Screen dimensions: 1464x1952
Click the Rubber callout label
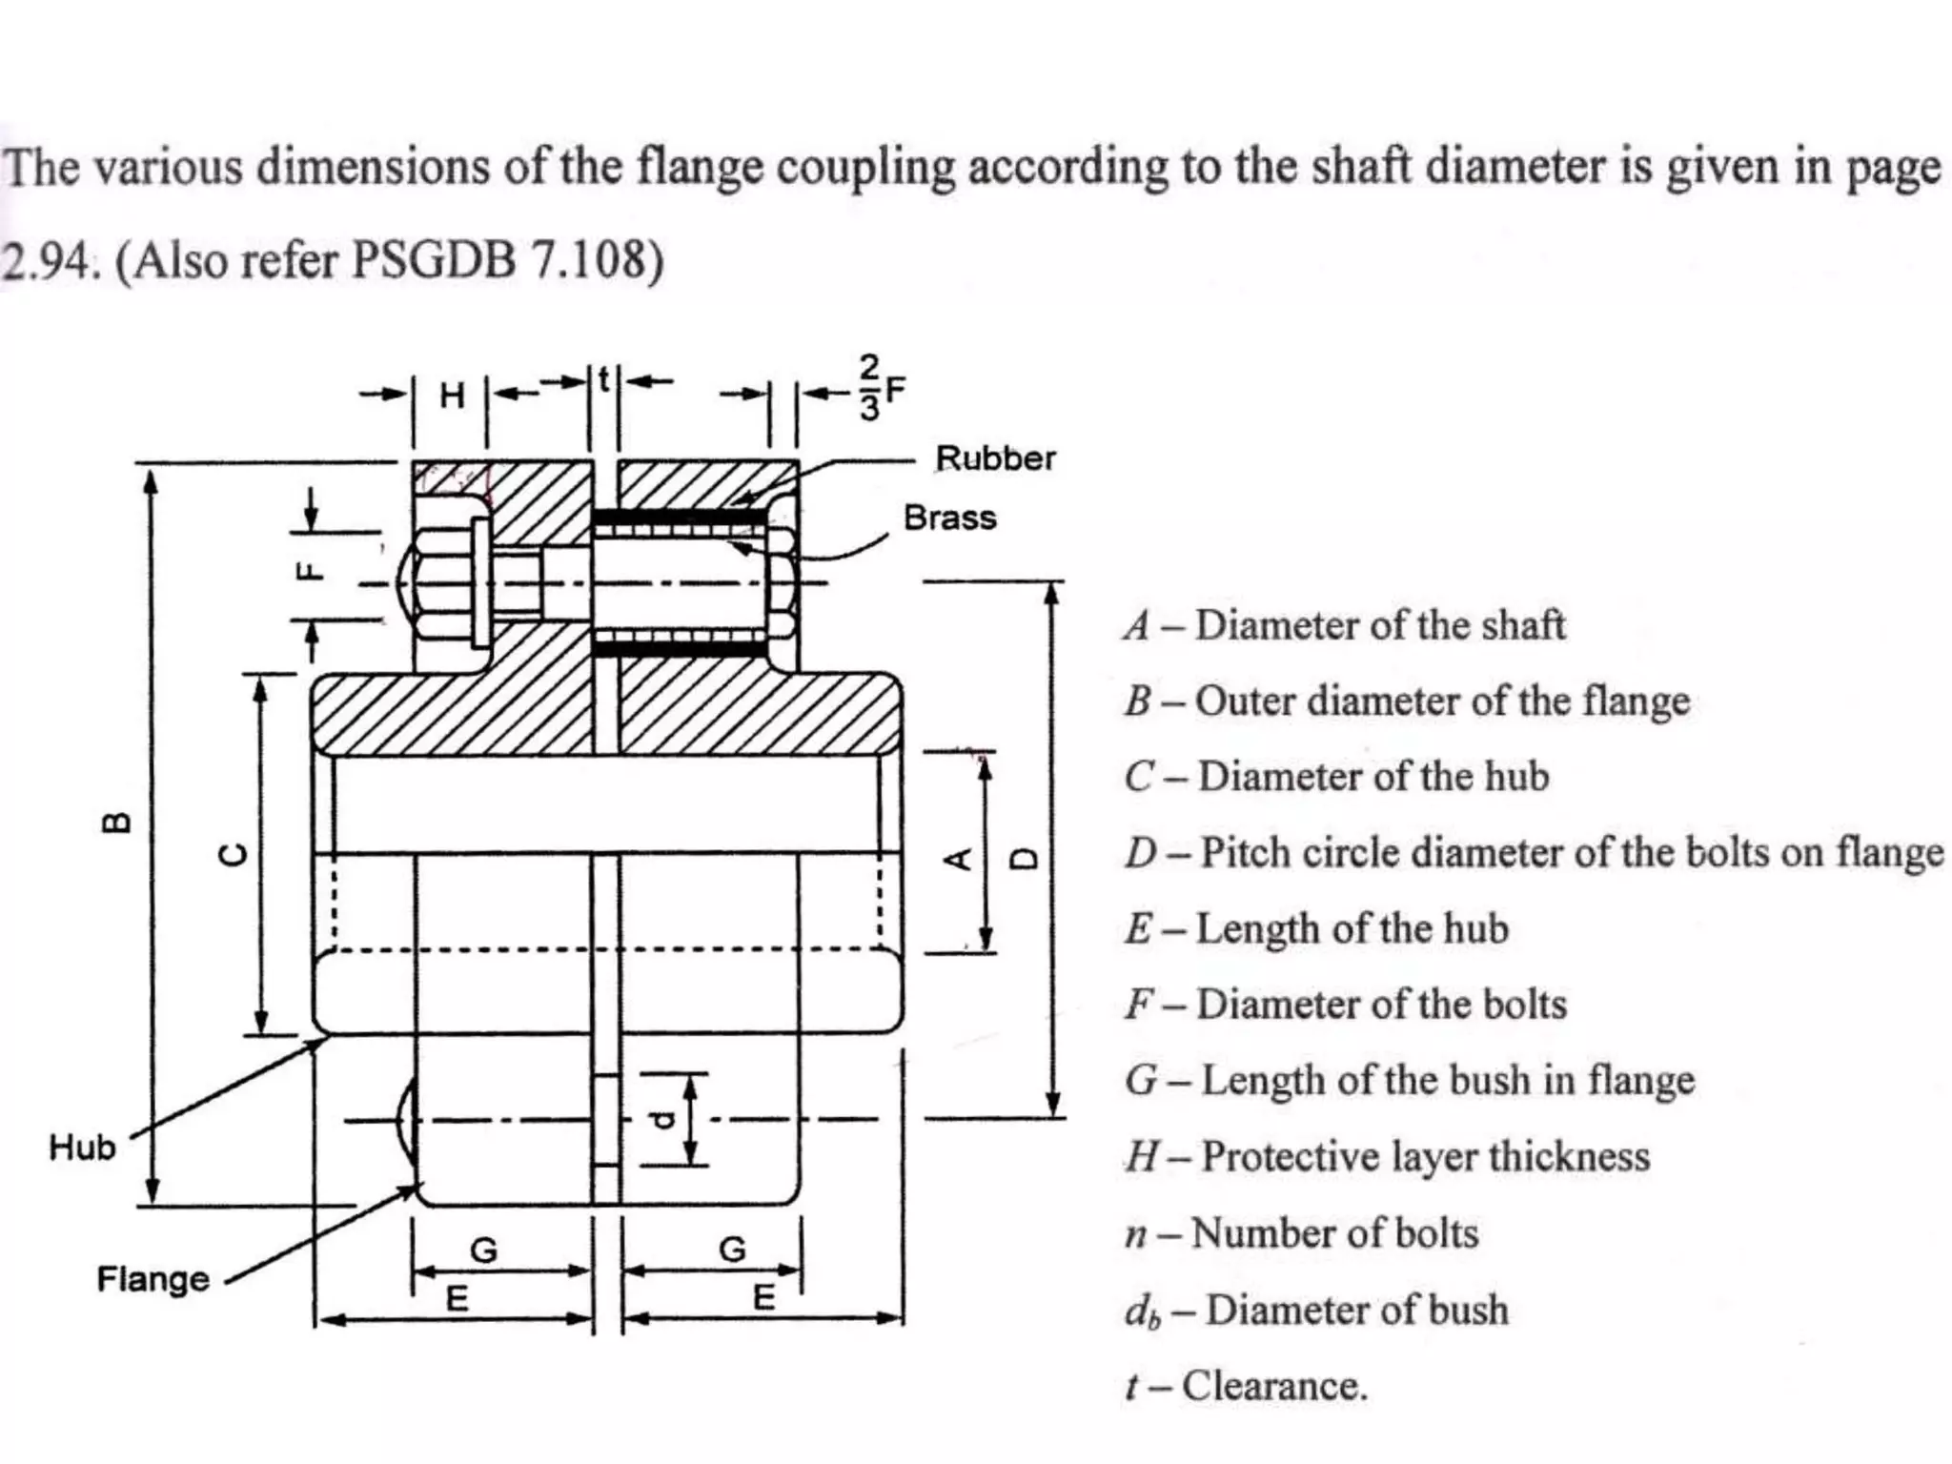pos(995,458)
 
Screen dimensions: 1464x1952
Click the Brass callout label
pos(949,518)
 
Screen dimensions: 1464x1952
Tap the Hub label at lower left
pos(82,1147)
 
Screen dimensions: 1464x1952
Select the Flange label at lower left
pos(152,1278)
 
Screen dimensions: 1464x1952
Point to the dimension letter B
pos(116,823)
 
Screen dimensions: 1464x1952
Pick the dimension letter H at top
pos(452,395)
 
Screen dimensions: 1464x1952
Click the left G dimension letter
pos(484,1249)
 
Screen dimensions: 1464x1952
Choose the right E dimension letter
pos(763,1297)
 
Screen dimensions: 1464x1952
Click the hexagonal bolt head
pos(440,581)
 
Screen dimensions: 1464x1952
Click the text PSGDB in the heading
pos(434,259)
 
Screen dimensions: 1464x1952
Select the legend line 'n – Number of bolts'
pos(1301,1233)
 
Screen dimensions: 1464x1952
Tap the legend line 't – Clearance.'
pos(1246,1386)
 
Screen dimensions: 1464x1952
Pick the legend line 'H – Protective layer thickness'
pos(1387,1156)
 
